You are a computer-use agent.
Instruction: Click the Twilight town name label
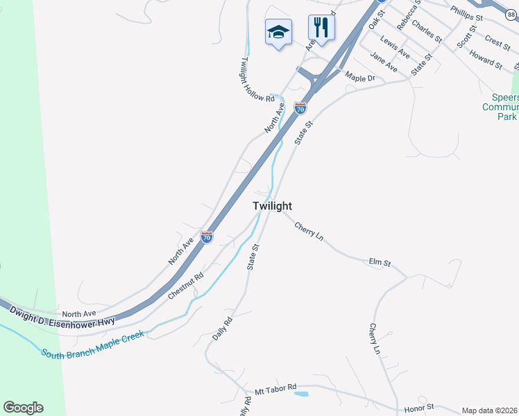point(272,206)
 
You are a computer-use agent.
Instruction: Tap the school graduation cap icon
point(278,32)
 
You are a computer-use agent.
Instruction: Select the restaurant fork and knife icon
point(321,28)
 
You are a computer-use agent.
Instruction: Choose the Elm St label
point(380,263)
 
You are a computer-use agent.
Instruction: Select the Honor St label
point(419,407)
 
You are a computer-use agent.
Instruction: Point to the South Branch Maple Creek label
point(92,345)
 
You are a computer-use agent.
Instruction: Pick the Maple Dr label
point(359,78)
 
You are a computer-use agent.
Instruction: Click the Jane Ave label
point(384,62)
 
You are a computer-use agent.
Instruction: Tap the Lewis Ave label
point(395,48)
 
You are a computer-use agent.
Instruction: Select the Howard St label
point(485,58)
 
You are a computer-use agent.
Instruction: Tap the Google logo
point(23,408)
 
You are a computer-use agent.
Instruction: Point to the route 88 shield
point(511,63)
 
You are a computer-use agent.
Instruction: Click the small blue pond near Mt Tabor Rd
point(301,394)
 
